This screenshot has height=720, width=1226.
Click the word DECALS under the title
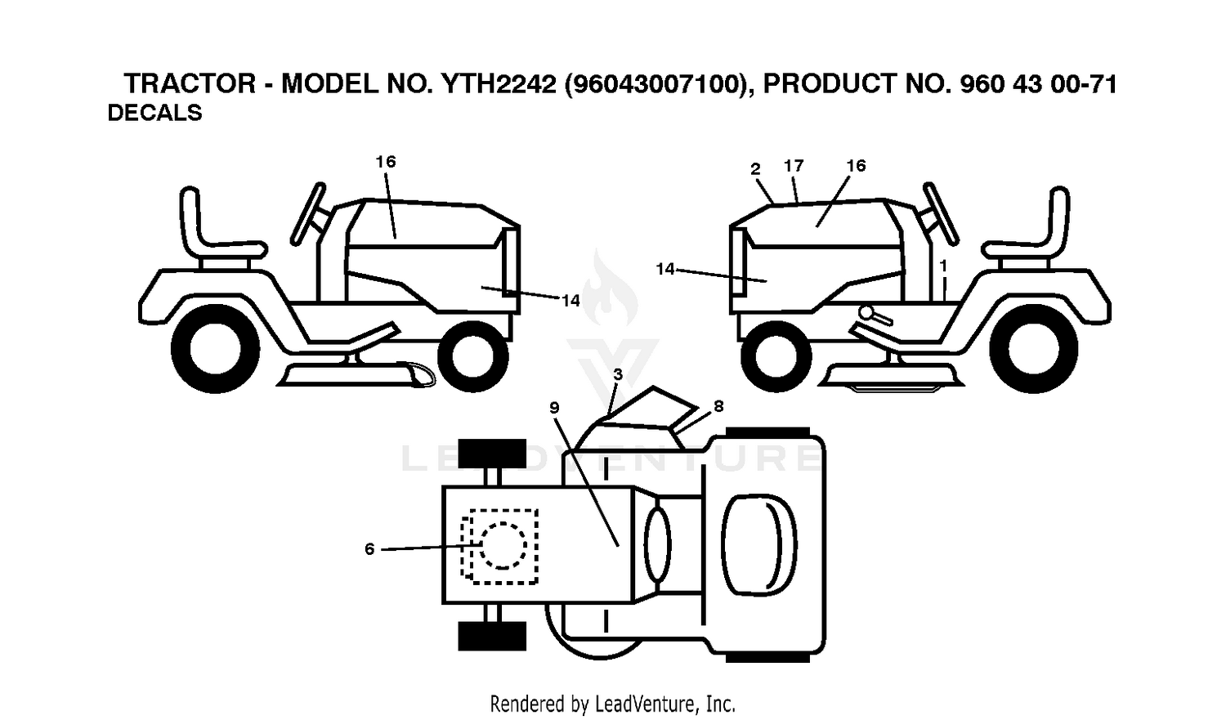point(155,114)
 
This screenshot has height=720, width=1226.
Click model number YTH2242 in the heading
point(499,84)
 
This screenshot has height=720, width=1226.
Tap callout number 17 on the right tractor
point(794,165)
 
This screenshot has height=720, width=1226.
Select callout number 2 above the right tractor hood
point(755,169)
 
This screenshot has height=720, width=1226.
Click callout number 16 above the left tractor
point(385,161)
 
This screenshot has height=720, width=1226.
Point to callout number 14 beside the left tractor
point(570,301)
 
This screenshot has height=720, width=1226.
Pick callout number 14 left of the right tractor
point(665,269)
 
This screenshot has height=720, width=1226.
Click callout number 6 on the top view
point(369,548)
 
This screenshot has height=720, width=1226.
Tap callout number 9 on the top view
point(554,408)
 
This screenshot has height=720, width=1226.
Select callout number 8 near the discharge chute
point(718,406)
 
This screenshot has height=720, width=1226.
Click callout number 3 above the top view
point(618,374)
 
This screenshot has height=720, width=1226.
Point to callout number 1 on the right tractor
point(943,266)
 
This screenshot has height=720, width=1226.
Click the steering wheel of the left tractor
point(308,213)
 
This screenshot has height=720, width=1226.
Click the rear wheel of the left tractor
point(215,348)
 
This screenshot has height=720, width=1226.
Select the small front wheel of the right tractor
point(776,356)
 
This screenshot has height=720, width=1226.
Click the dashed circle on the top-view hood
point(503,545)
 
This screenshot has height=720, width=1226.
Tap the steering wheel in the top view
point(657,544)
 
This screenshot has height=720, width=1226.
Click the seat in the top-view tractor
point(759,544)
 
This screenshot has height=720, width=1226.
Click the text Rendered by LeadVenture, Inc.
point(612,704)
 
